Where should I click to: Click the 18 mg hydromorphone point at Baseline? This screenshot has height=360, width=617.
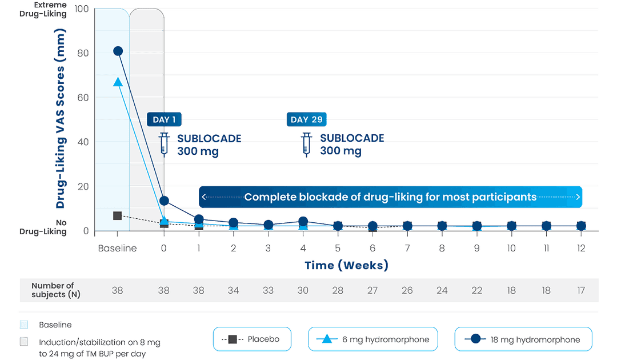118,51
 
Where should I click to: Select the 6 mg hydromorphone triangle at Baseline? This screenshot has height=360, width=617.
118,82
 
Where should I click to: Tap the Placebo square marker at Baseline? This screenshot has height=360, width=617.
118,215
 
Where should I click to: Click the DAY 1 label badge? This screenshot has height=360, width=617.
165,119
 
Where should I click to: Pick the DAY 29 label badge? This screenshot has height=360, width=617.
307,119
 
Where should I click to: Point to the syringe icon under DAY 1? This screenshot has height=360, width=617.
164,144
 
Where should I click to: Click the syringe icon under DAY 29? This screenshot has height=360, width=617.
306,144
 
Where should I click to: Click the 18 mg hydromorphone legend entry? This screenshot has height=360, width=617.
523,339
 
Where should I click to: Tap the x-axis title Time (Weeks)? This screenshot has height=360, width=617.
346,266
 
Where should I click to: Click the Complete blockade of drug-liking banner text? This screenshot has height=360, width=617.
390,197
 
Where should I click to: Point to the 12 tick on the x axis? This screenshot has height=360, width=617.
581,249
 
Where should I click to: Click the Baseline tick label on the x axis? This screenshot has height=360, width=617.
118,249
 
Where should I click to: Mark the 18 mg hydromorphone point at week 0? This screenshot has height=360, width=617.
165,201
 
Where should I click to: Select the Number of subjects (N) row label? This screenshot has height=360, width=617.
53,290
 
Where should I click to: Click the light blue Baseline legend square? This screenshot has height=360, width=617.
24,325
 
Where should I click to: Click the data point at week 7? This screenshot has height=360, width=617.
407,226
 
